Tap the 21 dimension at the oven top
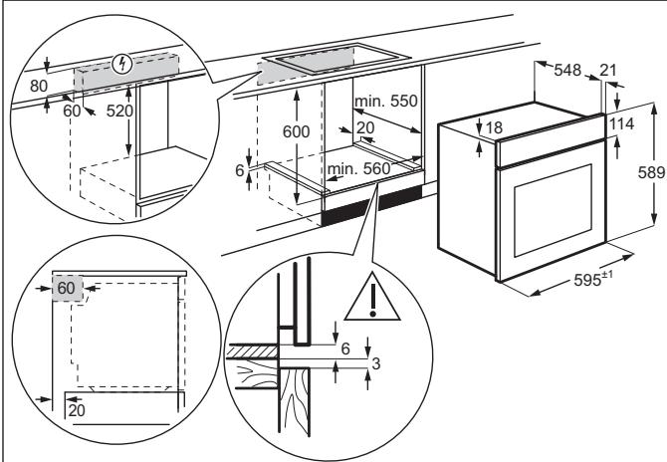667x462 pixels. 608,70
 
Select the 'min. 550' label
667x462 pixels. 384,102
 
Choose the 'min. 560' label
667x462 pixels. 359,169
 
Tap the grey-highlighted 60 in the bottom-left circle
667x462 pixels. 67,288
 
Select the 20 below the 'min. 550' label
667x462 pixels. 364,127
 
